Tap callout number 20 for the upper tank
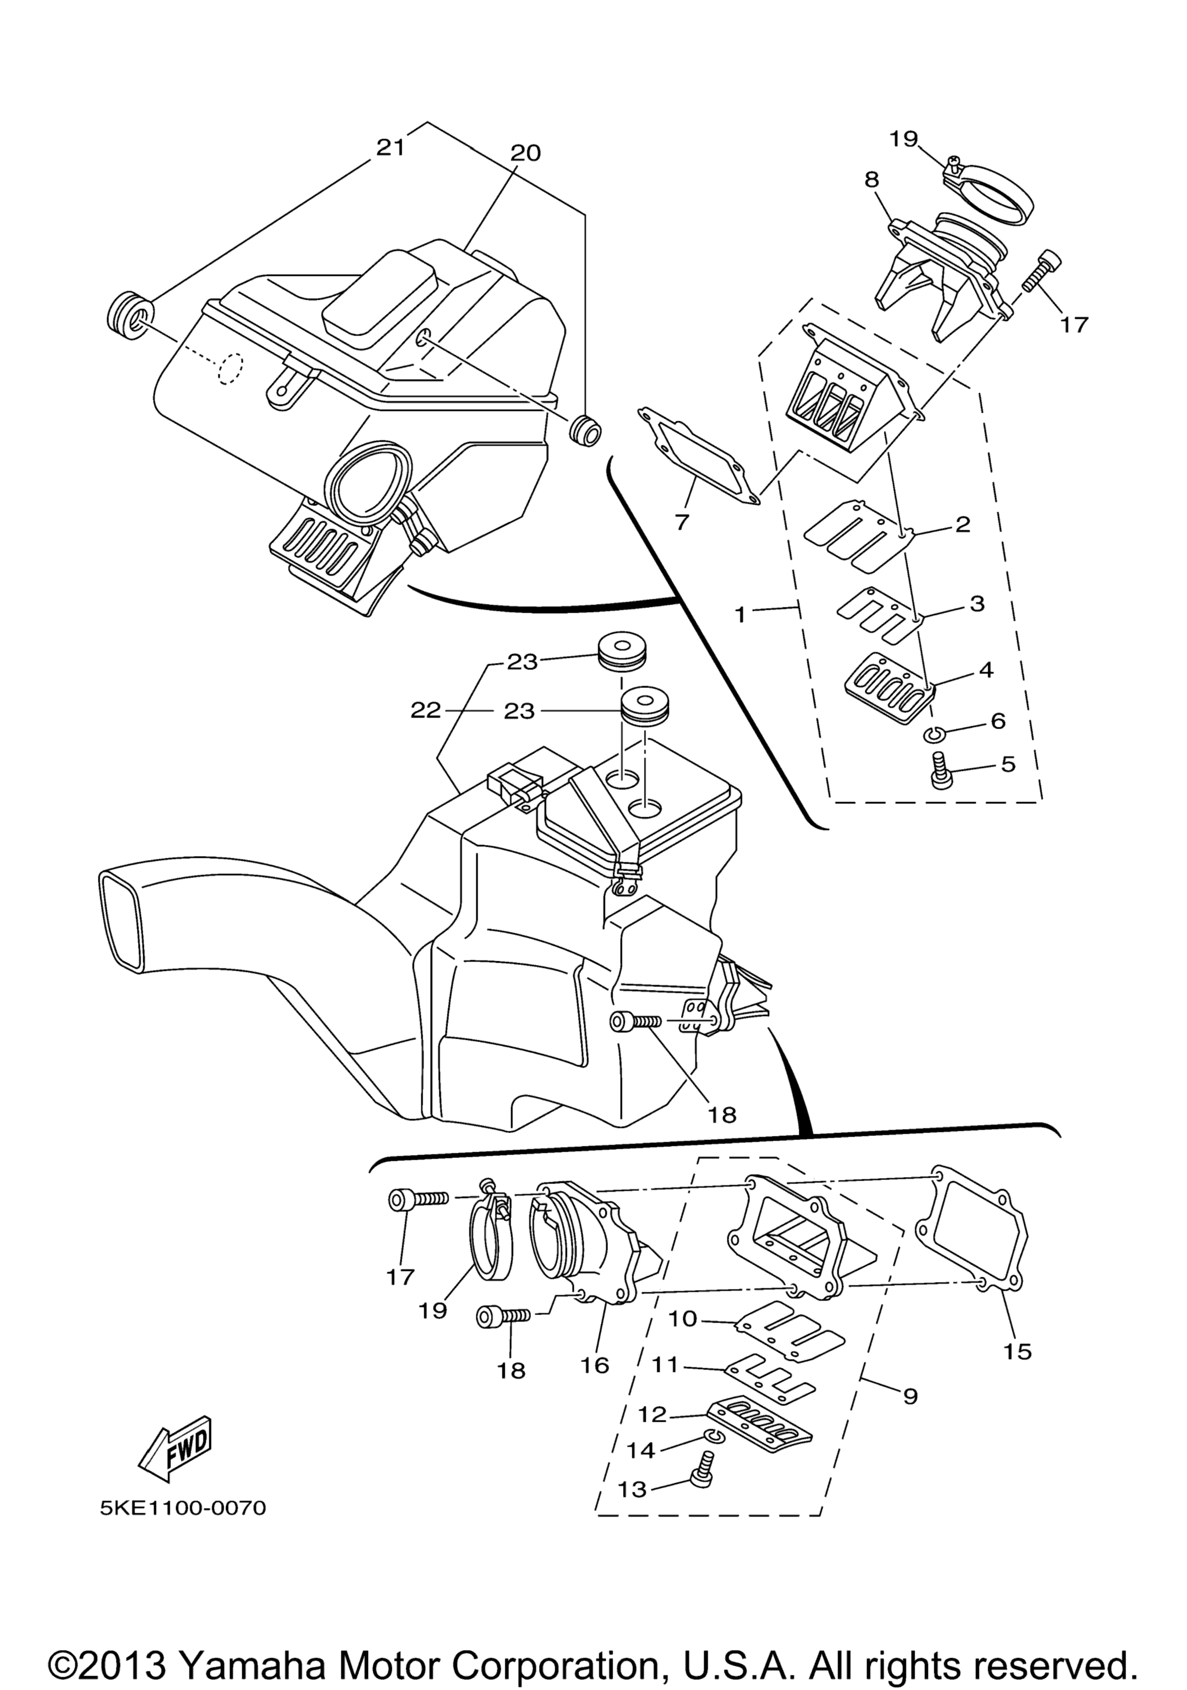525,153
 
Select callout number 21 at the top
390,147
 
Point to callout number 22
425,711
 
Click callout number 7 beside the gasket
682,523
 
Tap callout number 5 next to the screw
1007,763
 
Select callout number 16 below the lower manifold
595,1365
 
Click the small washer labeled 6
934,734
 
